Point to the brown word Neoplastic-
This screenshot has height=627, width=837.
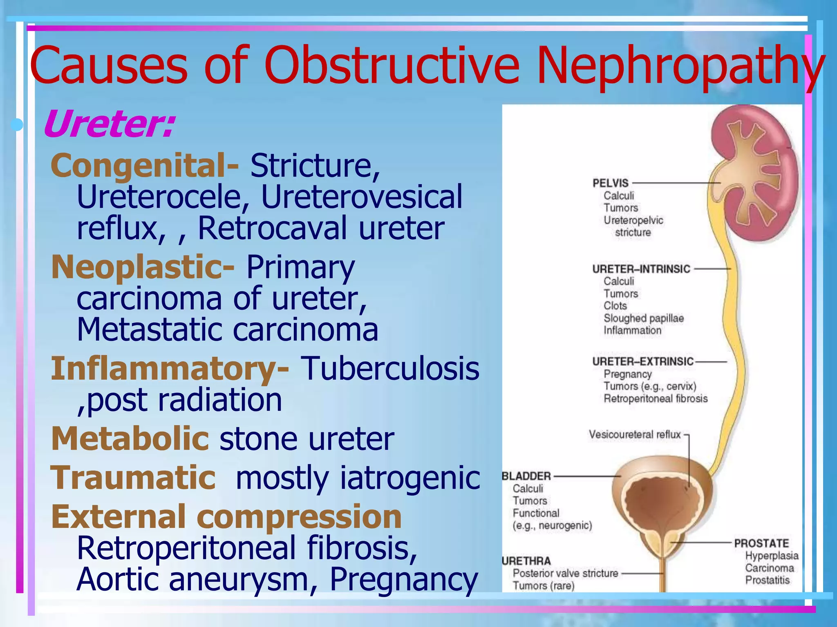pyautogui.click(x=143, y=267)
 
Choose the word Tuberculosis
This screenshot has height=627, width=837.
pyautogui.click(x=390, y=369)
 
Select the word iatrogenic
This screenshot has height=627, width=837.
pyautogui.click(x=410, y=478)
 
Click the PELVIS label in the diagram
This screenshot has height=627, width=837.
pyautogui.click(x=611, y=183)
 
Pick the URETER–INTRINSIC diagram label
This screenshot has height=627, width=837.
pyautogui.click(x=641, y=269)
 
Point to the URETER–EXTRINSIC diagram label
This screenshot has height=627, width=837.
pyautogui.click(x=643, y=361)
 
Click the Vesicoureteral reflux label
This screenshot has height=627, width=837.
pyautogui.click(x=634, y=434)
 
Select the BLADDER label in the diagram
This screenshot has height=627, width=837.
pyautogui.click(x=526, y=476)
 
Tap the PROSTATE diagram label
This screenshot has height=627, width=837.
pyautogui.click(x=761, y=543)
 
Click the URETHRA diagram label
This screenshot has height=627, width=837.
pyautogui.click(x=526, y=561)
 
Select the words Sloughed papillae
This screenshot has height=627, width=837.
pyautogui.click(x=643, y=318)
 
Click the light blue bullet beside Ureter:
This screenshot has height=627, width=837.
pyautogui.click(x=17, y=125)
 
